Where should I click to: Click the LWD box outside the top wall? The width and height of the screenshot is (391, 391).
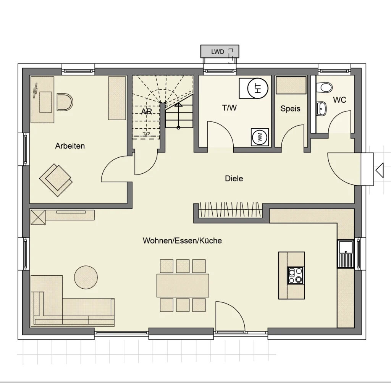[220, 51]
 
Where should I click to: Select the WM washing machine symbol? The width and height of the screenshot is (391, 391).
[260, 137]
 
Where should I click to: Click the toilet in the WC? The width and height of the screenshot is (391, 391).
[326, 87]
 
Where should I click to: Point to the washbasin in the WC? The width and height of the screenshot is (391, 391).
[322, 108]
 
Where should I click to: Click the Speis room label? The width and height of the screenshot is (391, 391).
[290, 108]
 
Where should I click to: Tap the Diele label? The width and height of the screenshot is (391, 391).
[234, 178]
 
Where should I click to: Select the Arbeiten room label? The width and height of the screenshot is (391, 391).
[70, 146]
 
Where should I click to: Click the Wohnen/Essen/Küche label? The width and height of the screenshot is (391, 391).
[182, 241]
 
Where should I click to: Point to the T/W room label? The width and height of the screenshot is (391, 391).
[229, 108]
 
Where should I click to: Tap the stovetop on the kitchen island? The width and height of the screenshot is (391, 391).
[296, 275]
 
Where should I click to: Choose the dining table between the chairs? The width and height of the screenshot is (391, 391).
[183, 285]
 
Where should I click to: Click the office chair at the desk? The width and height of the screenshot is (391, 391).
[64, 102]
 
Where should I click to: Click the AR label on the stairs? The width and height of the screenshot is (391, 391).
[146, 111]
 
